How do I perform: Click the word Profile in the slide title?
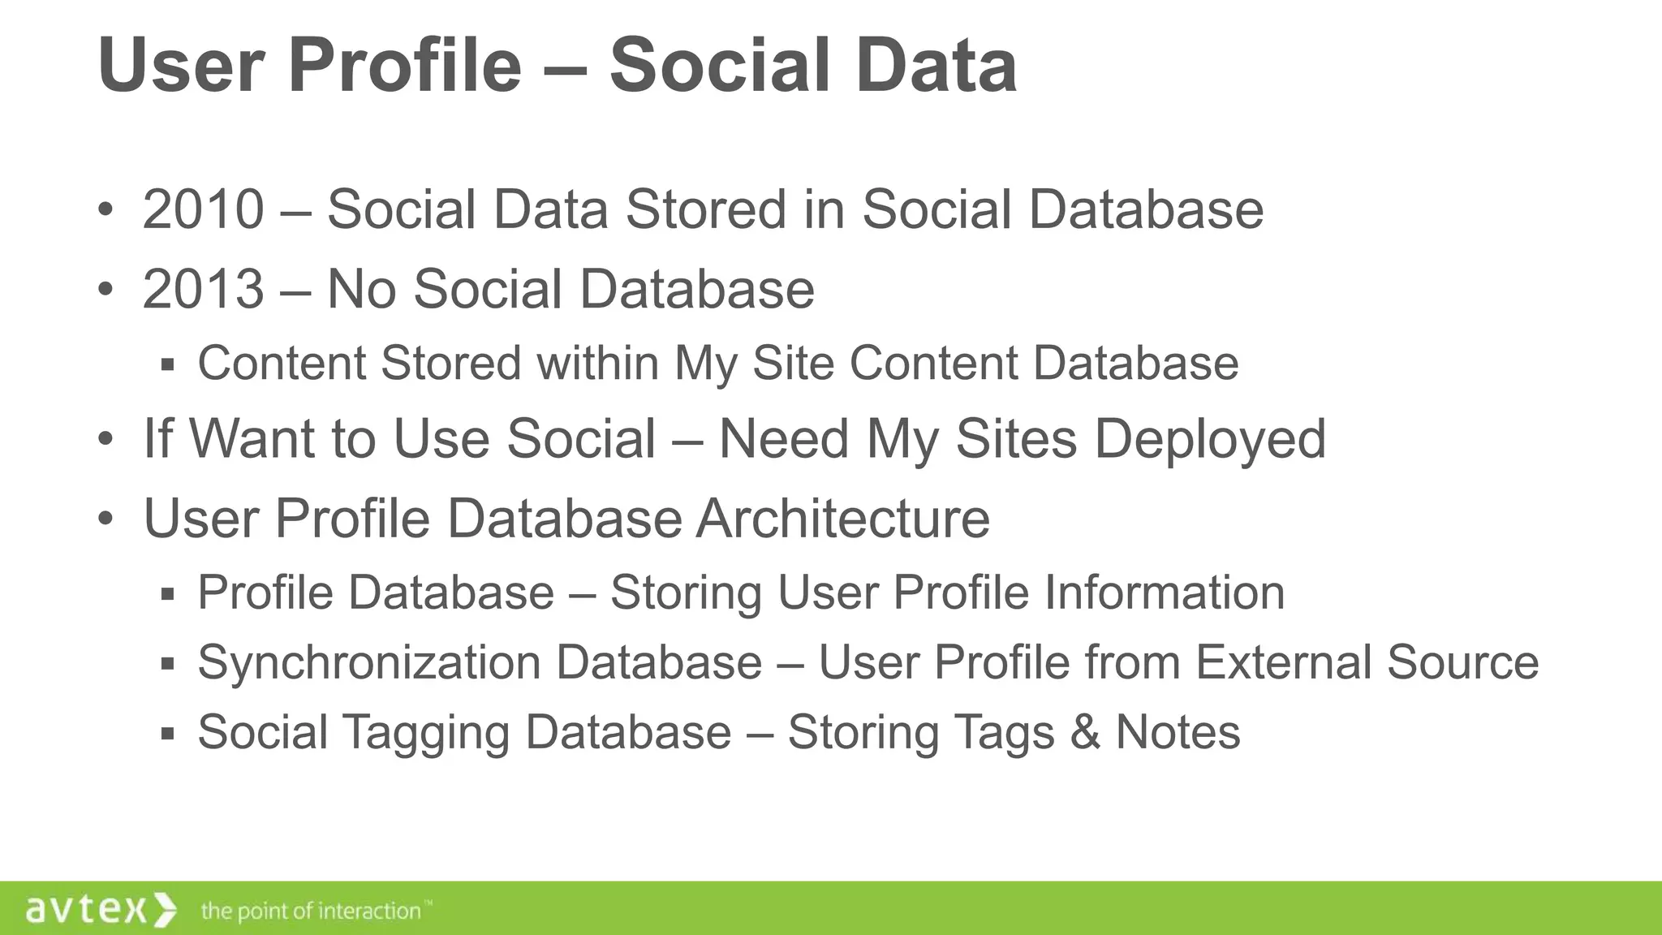(403, 65)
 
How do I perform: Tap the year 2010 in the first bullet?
(203, 209)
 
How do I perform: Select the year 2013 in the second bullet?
(203, 289)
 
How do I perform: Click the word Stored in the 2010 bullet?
(705, 209)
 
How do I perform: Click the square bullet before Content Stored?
(168, 364)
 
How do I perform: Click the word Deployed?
(1209, 439)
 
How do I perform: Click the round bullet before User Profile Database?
(105, 519)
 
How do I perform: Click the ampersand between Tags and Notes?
(1084, 732)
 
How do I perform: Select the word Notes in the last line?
(1178, 732)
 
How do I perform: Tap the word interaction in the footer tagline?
(369, 911)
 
